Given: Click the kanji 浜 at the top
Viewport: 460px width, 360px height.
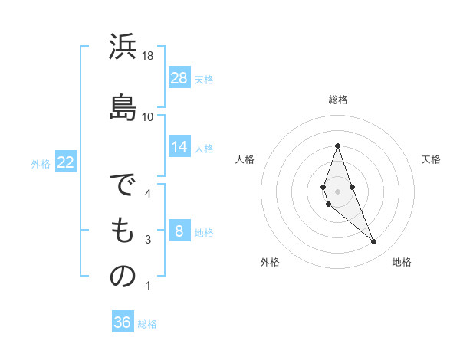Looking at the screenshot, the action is [123, 47].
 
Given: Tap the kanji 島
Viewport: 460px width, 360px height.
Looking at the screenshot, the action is [123, 106].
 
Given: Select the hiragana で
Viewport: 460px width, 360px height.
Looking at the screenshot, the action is [123, 187].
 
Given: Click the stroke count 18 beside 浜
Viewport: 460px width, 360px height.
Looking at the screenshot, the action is [148, 56].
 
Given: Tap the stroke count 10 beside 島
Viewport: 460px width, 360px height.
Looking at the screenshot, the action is [148, 116].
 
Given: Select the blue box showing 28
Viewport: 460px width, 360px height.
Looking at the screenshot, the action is [179, 78].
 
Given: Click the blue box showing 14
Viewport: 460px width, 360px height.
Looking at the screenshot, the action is [179, 147].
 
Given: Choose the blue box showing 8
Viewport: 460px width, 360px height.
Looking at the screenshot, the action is [179, 231].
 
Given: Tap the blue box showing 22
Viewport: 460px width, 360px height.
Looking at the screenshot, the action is [65, 162].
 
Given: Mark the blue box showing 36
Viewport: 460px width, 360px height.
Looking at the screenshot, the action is [122, 322].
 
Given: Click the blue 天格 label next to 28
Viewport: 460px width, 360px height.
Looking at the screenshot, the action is [204, 79].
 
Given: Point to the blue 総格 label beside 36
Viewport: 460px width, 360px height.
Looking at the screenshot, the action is [147, 323].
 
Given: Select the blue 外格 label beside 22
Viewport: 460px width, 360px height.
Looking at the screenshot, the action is [41, 163].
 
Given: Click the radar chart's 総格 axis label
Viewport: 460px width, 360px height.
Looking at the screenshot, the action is [338, 100].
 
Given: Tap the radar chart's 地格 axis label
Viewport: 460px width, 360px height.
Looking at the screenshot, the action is [402, 262].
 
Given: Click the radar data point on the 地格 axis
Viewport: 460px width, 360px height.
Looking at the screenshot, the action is [374, 242].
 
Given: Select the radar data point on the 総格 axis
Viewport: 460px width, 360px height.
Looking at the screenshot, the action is [337, 146].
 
